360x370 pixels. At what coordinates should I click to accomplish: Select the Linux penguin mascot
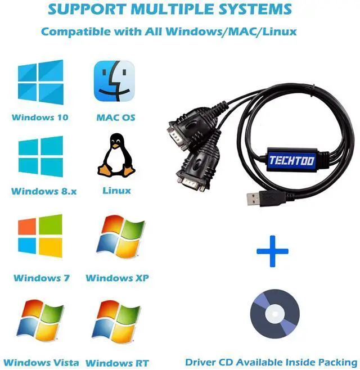(x=116, y=155)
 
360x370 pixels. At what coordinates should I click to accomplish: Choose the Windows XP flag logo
(x=117, y=237)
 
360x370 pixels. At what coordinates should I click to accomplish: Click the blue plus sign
(x=272, y=251)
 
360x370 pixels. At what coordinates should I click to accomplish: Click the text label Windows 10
(x=40, y=118)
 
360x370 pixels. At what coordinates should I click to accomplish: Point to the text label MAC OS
(x=116, y=118)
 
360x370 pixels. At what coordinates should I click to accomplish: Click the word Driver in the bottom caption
(x=202, y=362)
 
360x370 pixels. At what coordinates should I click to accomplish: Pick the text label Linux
(x=116, y=191)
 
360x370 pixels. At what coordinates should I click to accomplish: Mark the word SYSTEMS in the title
(x=254, y=10)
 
